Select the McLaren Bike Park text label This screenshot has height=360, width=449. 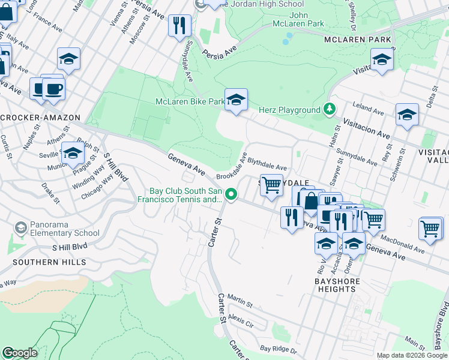tap(190, 102)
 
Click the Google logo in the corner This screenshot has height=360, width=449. tap(20, 353)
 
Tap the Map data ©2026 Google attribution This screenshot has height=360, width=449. tap(412, 355)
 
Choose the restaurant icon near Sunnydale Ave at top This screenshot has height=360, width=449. tap(179, 25)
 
